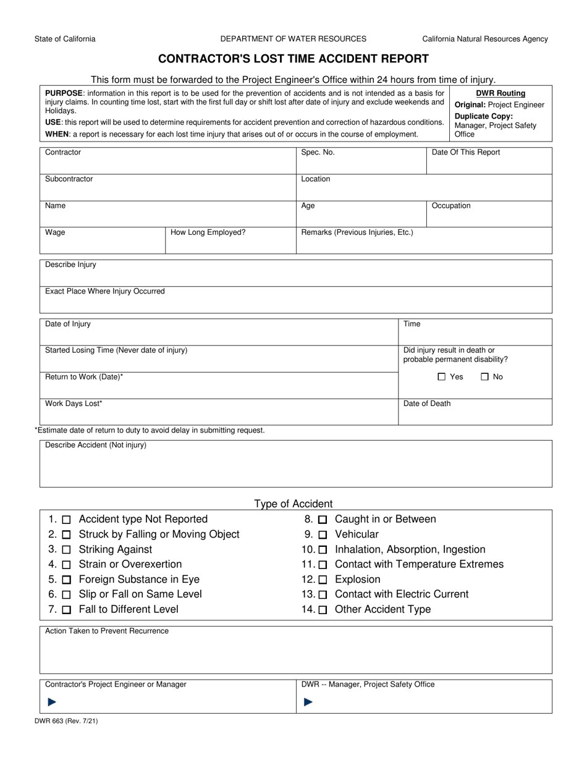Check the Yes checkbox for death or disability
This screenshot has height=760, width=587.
pos(441,377)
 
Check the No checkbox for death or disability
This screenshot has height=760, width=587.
pos(484,377)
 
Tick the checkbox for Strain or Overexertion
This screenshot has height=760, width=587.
pos(67,565)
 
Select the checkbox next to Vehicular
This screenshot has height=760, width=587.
pos(323,535)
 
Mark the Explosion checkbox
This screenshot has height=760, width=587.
pos(323,580)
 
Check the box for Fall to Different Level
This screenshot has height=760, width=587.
pos(67,610)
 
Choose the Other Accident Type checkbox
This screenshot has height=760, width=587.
pos(323,610)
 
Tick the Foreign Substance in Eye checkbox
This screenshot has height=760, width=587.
pos(67,580)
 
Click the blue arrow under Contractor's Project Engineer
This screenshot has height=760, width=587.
pos(52,701)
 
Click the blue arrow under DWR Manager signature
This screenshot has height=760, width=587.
pos(308,701)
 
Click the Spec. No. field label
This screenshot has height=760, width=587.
pos(318,153)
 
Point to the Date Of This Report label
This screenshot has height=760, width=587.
pos(465,153)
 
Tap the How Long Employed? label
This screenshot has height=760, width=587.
pos(208,233)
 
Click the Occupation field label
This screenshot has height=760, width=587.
pos(450,206)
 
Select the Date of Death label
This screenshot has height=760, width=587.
pos(427,403)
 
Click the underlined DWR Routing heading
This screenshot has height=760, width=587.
pos(500,93)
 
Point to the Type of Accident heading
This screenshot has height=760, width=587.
pos(293,504)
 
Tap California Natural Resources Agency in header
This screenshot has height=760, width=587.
pos(484,39)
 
